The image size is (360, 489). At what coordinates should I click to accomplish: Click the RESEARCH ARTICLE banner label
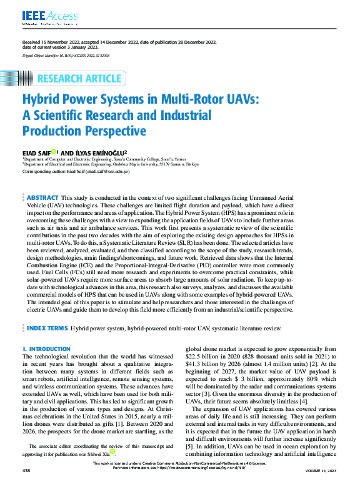[x=79, y=79]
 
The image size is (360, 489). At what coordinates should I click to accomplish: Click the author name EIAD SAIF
[x=36, y=152]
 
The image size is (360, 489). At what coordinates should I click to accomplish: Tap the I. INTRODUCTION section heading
[x=46, y=348]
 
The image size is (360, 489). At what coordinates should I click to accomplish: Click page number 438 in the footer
[x=27, y=485]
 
